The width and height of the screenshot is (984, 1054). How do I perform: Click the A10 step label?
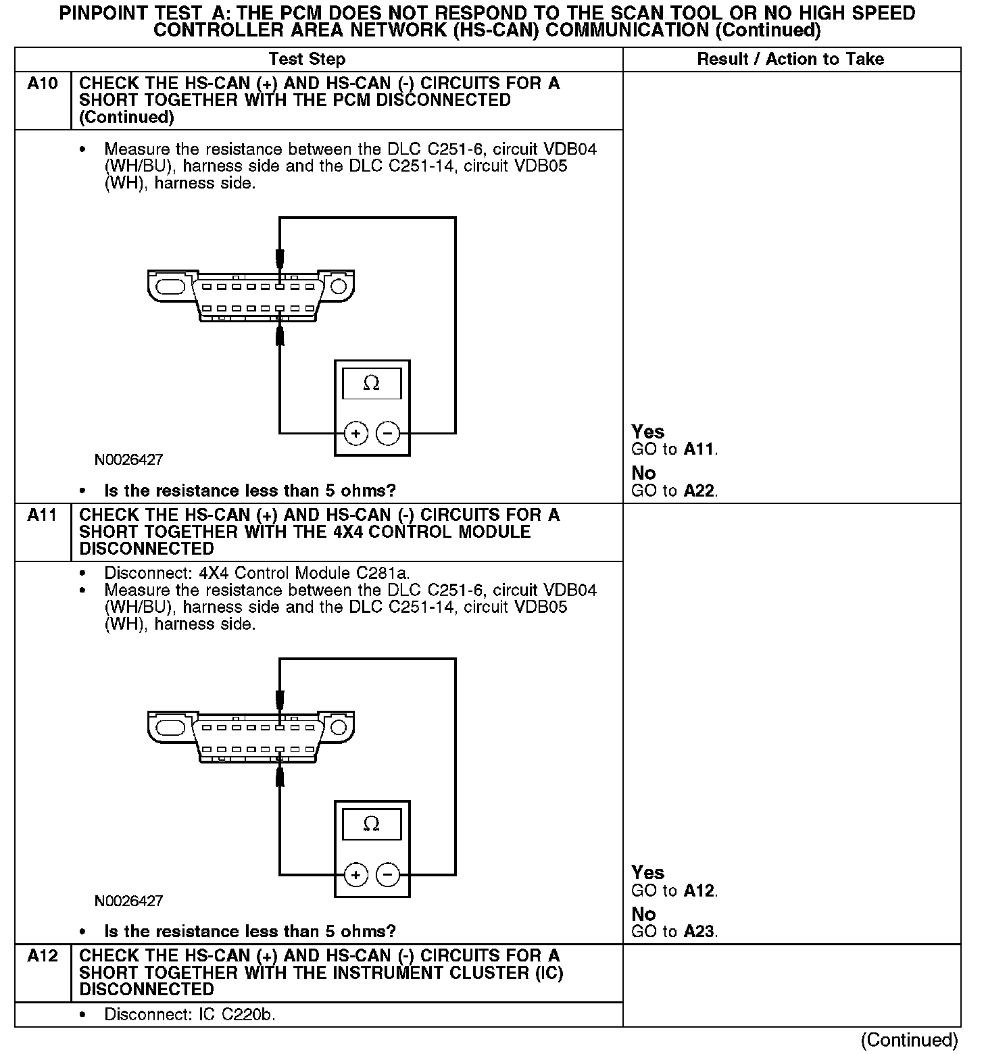click(x=42, y=84)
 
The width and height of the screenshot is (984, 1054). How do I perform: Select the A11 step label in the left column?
click(x=42, y=516)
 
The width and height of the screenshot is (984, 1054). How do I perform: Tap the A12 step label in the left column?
click(x=42, y=956)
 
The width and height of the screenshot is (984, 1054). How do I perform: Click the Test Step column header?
click(x=307, y=59)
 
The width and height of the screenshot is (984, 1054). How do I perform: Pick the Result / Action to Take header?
click(x=790, y=59)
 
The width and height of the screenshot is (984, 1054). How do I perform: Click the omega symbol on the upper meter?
click(x=372, y=384)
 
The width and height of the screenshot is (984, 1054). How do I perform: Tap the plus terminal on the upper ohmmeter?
click(x=356, y=433)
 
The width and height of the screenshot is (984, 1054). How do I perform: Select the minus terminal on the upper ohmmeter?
click(x=388, y=433)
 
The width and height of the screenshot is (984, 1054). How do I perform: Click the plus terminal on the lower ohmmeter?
click(x=356, y=875)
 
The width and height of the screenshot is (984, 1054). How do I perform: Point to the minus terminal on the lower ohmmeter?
click(x=388, y=875)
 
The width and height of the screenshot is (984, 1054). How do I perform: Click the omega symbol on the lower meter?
click(x=372, y=824)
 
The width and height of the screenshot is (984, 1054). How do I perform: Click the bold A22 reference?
click(x=699, y=491)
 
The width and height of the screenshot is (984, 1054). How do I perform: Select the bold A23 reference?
click(x=699, y=932)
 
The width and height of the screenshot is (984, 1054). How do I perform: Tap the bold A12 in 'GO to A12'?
click(x=699, y=890)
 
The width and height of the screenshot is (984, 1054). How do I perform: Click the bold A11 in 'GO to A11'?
click(x=699, y=449)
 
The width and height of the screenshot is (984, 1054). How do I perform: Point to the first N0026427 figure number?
click(x=128, y=460)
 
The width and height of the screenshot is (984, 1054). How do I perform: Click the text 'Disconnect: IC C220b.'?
click(x=190, y=1015)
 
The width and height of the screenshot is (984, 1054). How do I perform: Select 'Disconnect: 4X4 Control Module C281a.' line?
click(x=257, y=574)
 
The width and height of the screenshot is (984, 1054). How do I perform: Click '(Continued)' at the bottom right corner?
click(x=910, y=1040)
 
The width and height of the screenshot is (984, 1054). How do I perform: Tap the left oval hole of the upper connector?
click(x=170, y=286)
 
